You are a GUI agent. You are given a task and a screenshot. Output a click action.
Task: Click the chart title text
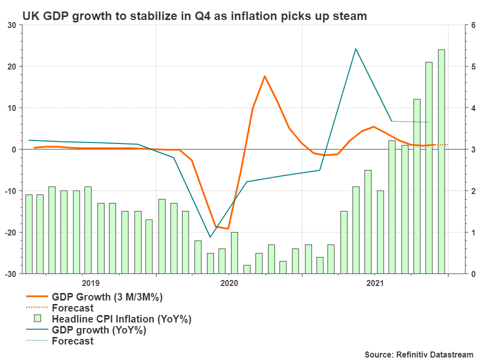194,16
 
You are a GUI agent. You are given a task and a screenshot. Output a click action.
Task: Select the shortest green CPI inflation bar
246,269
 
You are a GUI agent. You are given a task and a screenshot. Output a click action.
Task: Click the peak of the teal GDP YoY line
355,48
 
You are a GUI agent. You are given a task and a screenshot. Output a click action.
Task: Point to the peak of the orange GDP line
264,76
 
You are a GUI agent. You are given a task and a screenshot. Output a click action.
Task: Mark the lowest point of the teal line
210,237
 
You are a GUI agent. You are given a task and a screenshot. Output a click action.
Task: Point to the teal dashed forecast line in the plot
410,121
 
